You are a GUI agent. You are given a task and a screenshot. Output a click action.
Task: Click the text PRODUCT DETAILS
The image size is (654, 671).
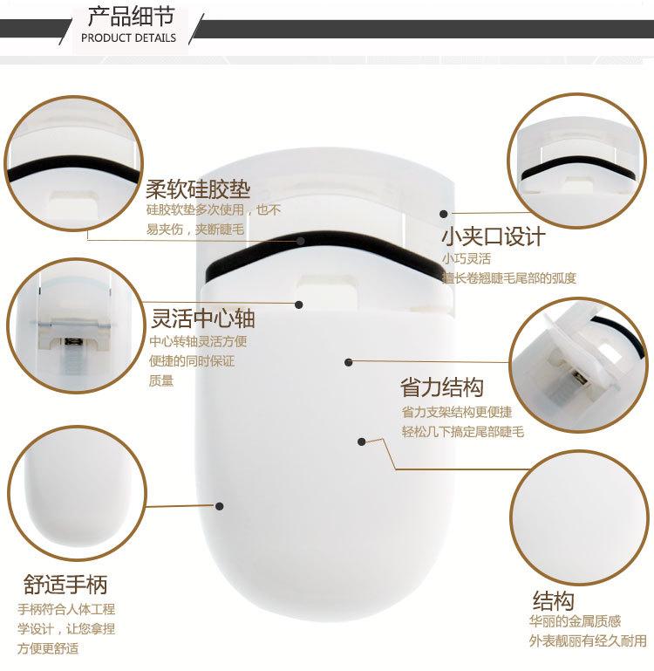[x=128, y=38]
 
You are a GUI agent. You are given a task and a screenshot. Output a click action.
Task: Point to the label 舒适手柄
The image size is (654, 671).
[x=65, y=583]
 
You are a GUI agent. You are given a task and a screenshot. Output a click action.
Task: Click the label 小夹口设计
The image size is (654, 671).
[x=493, y=236]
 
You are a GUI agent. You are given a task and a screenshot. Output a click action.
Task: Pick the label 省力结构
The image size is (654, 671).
[x=442, y=387]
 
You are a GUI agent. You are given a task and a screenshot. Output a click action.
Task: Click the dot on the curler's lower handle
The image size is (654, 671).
[x=221, y=505]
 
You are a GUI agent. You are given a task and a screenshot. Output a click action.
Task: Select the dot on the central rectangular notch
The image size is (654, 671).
[x=299, y=305]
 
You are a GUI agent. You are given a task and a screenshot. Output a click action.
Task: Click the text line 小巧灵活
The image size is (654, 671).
[x=467, y=259]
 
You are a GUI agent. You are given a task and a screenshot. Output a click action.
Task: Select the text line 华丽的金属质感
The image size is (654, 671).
[x=575, y=621]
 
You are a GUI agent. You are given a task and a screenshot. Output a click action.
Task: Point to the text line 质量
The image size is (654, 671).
[x=161, y=380]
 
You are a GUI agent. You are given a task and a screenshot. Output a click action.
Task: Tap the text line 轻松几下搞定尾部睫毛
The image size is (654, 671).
[x=462, y=432]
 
